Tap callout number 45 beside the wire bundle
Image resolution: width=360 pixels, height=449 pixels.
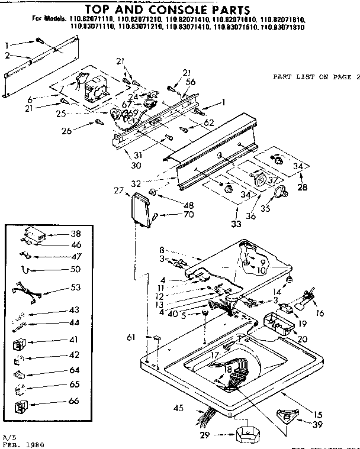pyautogui.click(x=177, y=407)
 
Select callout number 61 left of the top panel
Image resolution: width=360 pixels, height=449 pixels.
pyautogui.click(x=131, y=337)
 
